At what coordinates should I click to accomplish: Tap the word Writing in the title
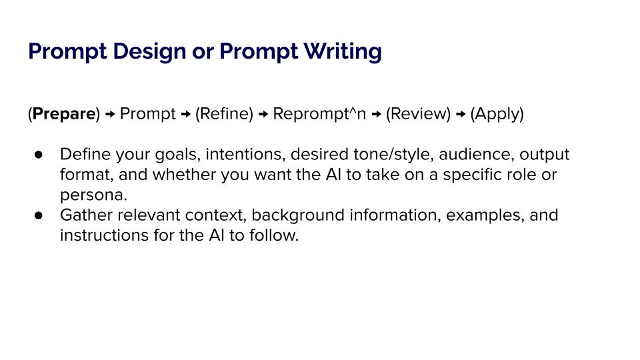coord(343,52)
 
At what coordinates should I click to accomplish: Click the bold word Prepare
coord(64,113)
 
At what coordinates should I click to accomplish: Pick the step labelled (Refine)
coord(224,113)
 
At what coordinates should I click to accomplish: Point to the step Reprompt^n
coord(319,113)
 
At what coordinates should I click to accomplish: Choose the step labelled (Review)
coord(418,113)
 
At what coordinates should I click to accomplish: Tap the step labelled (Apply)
coord(497,114)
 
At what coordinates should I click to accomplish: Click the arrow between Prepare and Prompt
coord(110,114)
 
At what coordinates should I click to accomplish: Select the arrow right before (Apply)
coord(461,114)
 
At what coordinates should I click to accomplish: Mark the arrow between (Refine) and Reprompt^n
coord(263,114)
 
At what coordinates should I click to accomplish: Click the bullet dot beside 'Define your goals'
coord(39,154)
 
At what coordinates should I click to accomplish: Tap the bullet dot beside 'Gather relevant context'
coord(39,215)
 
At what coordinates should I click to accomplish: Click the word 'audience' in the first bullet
coord(476,154)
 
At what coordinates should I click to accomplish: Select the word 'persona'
coord(91,195)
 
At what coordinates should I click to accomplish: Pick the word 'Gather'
coord(87,215)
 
